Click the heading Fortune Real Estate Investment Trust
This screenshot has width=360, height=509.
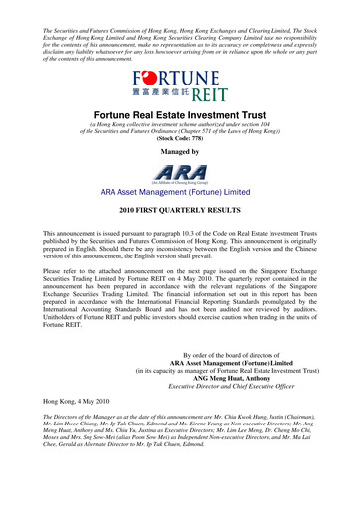point(179,115)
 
